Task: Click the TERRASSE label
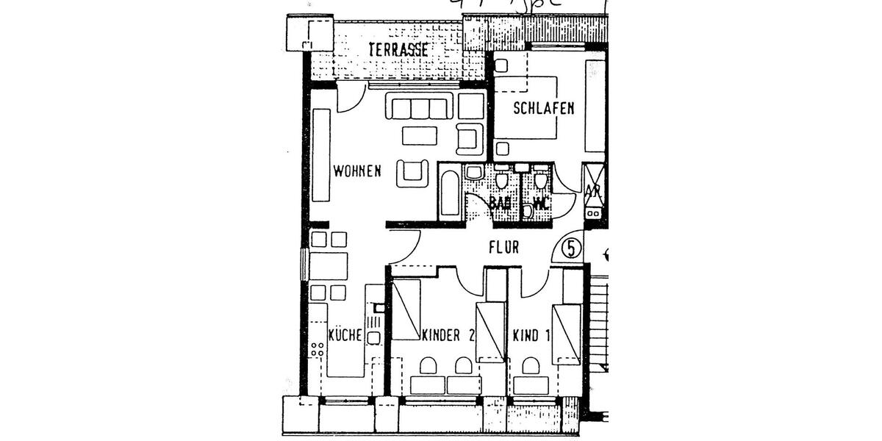pos(398,49)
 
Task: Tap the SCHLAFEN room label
pos(543,108)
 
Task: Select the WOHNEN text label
pos(356,171)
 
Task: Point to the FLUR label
pos(503,248)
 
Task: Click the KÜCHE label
pos(344,335)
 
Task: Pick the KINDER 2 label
pos(448,336)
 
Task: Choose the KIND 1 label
pos(531,336)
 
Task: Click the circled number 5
pos(571,248)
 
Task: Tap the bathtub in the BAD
pos(450,193)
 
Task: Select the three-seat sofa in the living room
pos(420,107)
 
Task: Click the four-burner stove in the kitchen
pos(318,349)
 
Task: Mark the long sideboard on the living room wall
pos(320,155)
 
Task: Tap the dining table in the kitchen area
pos(328,265)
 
